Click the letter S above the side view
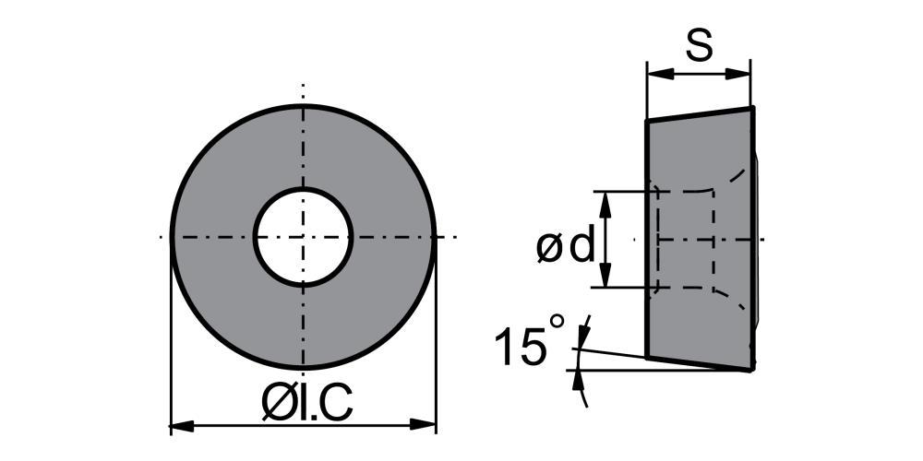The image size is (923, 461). point(700,45)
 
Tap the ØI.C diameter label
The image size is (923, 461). point(306,405)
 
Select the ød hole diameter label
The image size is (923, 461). point(566,247)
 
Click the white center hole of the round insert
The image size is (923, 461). point(303,237)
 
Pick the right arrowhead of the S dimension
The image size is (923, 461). point(738,74)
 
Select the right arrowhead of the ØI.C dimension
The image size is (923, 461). point(423,424)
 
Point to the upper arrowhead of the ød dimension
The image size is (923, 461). point(605,205)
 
